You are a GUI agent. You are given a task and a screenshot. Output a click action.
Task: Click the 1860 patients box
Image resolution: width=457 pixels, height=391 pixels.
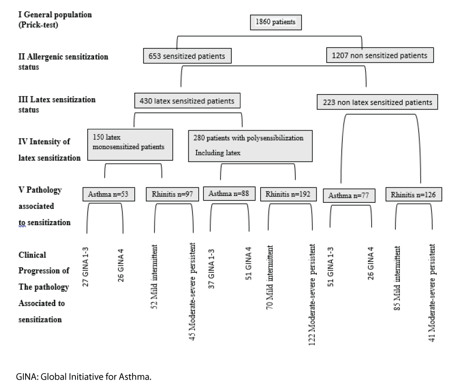(x=276, y=22)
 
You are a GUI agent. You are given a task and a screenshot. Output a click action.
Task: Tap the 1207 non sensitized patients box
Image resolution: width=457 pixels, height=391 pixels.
(x=380, y=55)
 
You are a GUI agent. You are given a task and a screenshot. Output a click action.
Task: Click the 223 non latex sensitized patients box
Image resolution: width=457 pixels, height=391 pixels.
(x=377, y=102)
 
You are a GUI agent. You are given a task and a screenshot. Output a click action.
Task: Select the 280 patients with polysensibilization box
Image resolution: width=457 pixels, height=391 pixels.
(x=250, y=145)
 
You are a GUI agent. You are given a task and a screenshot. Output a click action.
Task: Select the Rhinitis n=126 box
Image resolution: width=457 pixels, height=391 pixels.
(x=412, y=195)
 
